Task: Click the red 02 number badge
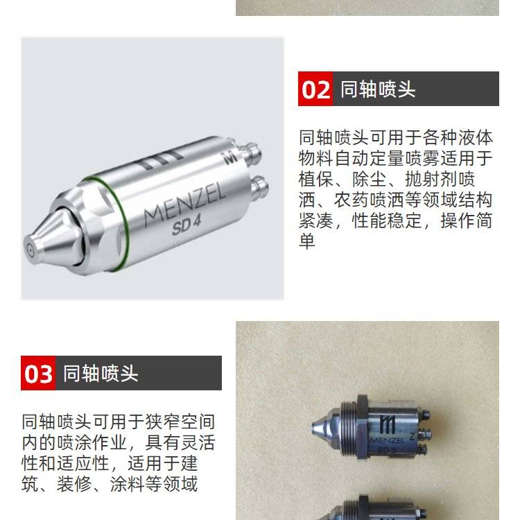[x=315, y=89]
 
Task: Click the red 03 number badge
[x=38, y=373]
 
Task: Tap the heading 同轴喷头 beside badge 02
[x=378, y=89]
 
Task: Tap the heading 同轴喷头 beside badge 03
[x=101, y=374]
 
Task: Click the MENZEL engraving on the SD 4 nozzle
[x=184, y=206]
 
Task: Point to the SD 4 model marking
[x=187, y=225]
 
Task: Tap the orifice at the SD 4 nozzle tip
[x=30, y=250]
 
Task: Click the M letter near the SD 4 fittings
[x=229, y=157]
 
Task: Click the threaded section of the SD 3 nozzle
[x=348, y=428]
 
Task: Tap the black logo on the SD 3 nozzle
[x=388, y=424]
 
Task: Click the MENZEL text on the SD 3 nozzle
[x=387, y=440]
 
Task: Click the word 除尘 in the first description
[x=369, y=179]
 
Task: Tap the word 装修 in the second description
[x=73, y=484]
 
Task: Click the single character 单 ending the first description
[x=306, y=241]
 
